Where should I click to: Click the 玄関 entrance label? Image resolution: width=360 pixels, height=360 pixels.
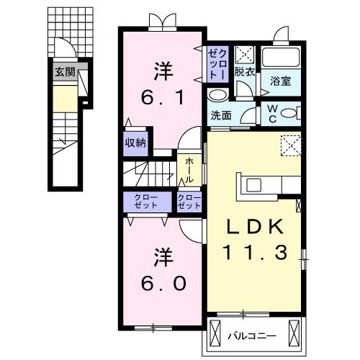click(63, 71)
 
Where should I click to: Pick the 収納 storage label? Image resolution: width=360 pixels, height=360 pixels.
click(135, 142)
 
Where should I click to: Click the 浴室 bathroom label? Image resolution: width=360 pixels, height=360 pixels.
click(280, 81)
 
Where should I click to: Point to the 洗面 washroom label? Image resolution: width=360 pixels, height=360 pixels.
click(221, 115)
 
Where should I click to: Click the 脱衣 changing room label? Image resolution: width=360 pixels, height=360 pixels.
click(245, 72)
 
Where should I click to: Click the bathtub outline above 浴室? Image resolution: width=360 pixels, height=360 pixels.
click(281, 58)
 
